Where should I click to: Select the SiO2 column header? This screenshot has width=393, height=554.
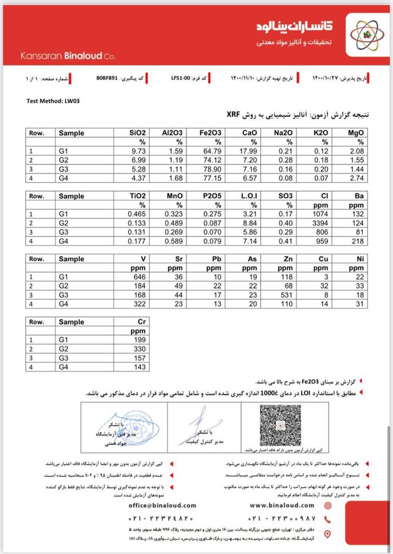[x=137, y=133]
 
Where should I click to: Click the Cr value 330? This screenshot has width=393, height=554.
[x=139, y=349]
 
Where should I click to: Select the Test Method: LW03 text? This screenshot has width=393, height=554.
[x=54, y=101]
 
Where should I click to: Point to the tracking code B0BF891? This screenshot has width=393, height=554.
[x=108, y=79]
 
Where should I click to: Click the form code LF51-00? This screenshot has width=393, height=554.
[x=180, y=79]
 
